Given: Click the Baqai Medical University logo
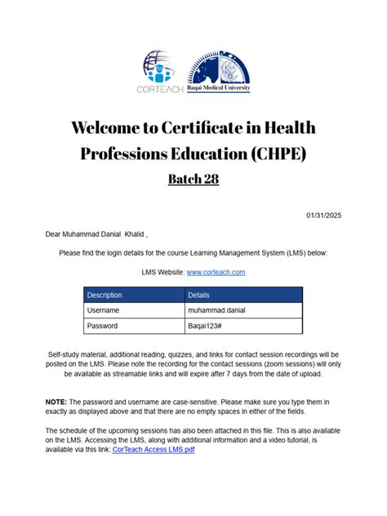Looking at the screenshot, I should click(x=219, y=72).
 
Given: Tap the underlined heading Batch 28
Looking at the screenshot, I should click(x=193, y=179).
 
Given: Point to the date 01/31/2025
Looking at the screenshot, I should click(x=324, y=215).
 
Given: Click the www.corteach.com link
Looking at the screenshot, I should click(x=216, y=272).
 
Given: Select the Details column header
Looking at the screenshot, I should click(x=199, y=295).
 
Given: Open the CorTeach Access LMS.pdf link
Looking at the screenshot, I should click(x=153, y=450).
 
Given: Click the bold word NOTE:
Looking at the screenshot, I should click(x=56, y=403).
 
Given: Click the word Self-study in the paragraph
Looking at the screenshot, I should click(x=67, y=355).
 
